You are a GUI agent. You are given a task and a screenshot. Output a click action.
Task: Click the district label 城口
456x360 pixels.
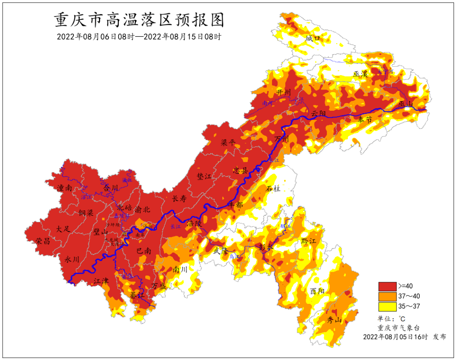click(x=313, y=38)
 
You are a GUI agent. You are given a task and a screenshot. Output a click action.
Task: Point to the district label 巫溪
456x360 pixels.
click(x=361, y=74)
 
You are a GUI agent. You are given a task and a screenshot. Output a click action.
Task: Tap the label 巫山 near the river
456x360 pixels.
click(x=407, y=104)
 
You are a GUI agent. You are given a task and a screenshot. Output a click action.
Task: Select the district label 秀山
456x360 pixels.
click(x=334, y=320)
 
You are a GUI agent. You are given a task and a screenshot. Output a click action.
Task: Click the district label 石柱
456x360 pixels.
click(x=273, y=188)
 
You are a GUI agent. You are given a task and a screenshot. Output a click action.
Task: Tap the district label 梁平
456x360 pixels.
click(x=228, y=143)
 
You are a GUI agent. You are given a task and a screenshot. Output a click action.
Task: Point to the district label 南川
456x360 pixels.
click(x=180, y=269)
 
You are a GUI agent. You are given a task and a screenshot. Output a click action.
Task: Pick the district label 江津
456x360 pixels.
click(x=101, y=280)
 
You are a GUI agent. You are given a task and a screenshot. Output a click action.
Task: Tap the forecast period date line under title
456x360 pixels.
click(x=139, y=37)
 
